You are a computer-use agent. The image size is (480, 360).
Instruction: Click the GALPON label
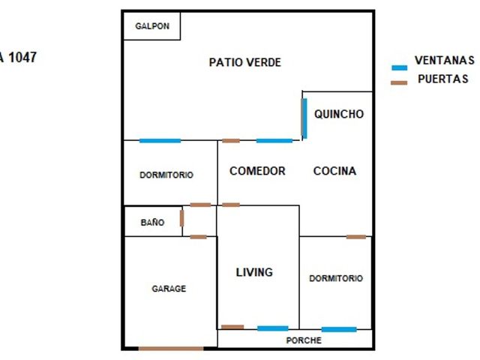click(152, 26)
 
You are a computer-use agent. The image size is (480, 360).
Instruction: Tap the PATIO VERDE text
click(245, 62)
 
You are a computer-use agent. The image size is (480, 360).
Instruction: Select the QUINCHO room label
click(339, 114)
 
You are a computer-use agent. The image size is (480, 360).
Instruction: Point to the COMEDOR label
click(257, 171)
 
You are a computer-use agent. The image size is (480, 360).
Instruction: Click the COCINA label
click(334, 171)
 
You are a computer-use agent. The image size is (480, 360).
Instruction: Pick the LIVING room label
click(254, 272)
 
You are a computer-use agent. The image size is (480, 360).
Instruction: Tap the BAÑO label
click(152, 222)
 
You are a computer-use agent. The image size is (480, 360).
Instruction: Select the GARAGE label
click(169, 289)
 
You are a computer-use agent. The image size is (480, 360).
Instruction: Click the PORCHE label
click(304, 340)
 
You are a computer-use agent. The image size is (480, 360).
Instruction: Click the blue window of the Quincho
click(304, 118)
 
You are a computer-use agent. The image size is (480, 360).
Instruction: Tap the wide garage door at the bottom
click(171, 348)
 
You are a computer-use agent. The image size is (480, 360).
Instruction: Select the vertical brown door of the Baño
click(181, 218)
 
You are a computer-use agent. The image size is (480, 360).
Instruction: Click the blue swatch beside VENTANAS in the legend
click(400, 67)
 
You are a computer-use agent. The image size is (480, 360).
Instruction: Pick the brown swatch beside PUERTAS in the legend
click(399, 82)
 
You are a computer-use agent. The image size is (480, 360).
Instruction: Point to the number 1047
click(22, 57)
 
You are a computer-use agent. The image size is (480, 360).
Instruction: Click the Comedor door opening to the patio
click(231, 141)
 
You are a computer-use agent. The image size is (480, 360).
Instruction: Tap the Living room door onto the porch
click(232, 327)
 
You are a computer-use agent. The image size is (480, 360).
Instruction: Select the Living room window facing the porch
click(273, 328)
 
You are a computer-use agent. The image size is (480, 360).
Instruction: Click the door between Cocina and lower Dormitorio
click(356, 237)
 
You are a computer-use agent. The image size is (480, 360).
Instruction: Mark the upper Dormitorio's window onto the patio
click(160, 141)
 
